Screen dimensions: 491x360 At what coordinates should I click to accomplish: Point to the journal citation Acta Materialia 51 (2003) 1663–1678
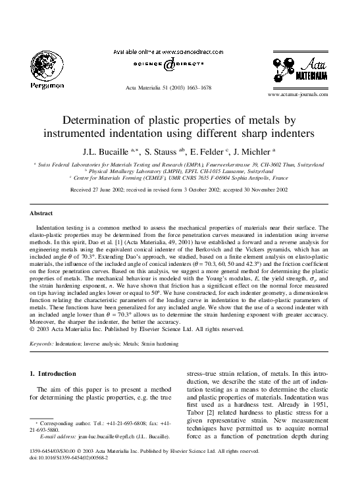coord(165,88)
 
